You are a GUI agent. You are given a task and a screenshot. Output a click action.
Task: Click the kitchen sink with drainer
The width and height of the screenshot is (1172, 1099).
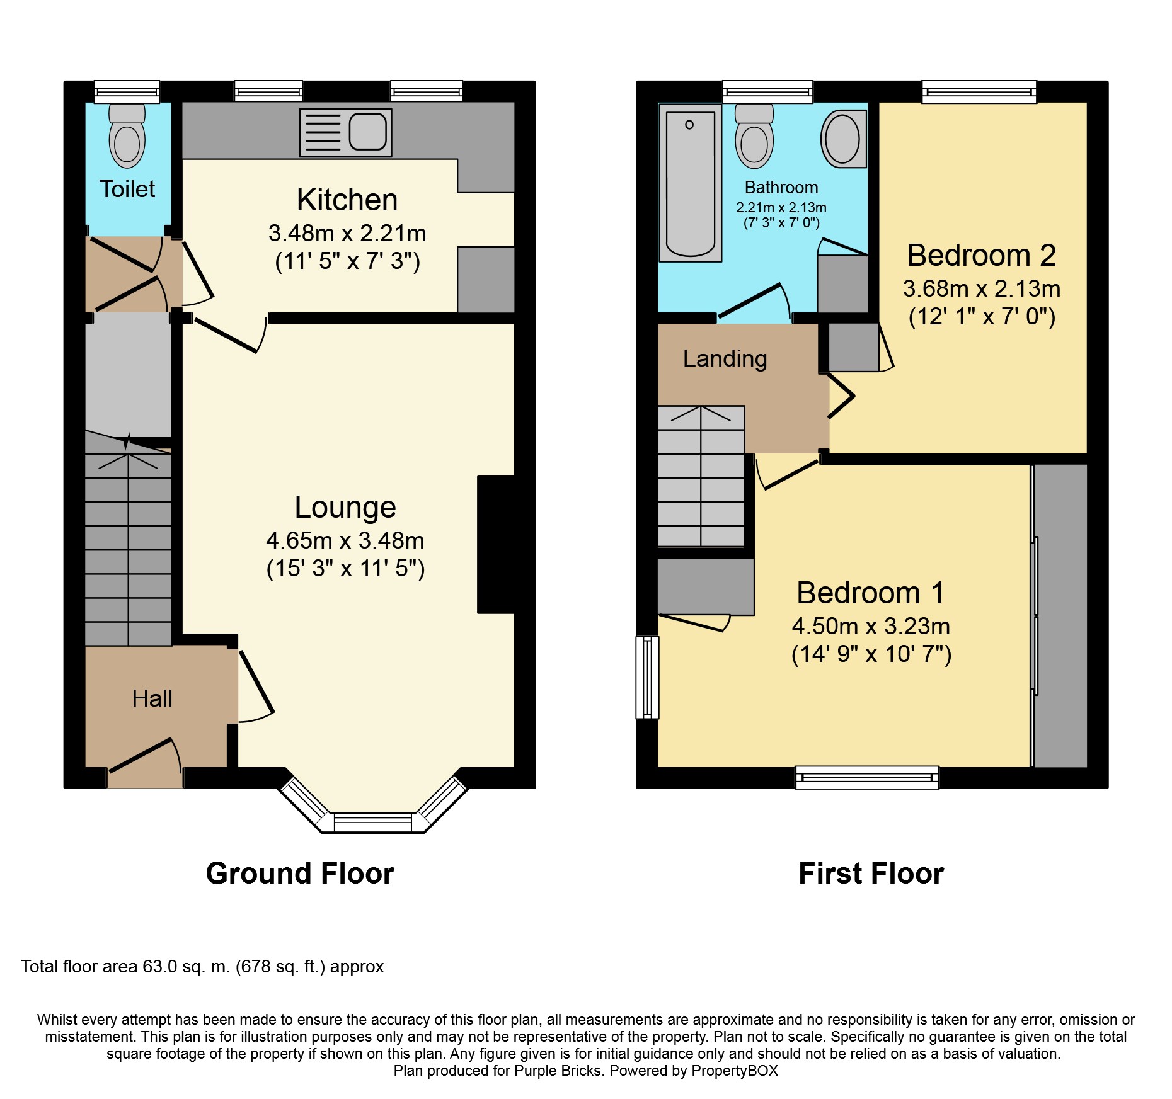point(345,132)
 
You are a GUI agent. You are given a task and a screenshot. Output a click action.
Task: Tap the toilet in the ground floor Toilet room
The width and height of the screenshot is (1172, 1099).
point(127,135)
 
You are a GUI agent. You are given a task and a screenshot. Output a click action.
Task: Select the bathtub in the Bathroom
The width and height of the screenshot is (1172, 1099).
point(691,183)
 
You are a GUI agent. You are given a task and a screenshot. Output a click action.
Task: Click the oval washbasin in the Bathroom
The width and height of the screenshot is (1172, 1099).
point(843,139)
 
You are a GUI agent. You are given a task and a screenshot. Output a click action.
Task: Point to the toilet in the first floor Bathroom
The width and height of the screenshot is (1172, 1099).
point(754,136)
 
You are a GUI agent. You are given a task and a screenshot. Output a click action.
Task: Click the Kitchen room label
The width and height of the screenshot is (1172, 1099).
point(347,200)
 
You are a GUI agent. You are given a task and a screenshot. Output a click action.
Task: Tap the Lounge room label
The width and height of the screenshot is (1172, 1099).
point(345,508)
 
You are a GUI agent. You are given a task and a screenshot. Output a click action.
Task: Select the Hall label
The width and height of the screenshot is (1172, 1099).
point(152,698)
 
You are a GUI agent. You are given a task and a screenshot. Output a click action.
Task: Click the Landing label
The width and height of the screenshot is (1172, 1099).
point(725,358)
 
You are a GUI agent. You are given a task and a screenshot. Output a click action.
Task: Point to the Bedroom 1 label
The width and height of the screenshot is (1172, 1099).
point(871,593)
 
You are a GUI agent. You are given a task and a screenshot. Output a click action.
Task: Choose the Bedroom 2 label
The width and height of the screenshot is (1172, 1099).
point(982,255)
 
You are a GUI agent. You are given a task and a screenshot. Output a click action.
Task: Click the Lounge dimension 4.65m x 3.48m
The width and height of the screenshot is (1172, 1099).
point(345,540)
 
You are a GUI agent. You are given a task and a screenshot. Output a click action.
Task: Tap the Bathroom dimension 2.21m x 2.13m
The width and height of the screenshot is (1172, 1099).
point(781,207)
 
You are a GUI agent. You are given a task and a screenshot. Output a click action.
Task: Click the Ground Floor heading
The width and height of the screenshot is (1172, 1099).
point(300,874)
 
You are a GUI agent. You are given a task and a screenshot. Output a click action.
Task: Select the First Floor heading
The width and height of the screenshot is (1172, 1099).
point(871,874)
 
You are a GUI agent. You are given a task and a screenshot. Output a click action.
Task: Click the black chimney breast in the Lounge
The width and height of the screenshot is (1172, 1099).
point(497,544)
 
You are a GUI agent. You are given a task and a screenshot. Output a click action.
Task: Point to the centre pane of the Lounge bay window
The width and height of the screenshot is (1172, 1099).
point(373,822)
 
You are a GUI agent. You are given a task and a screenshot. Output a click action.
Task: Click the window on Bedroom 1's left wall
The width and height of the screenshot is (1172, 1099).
point(647,677)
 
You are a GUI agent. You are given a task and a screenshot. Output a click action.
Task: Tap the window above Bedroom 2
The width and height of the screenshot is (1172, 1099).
point(979,92)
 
